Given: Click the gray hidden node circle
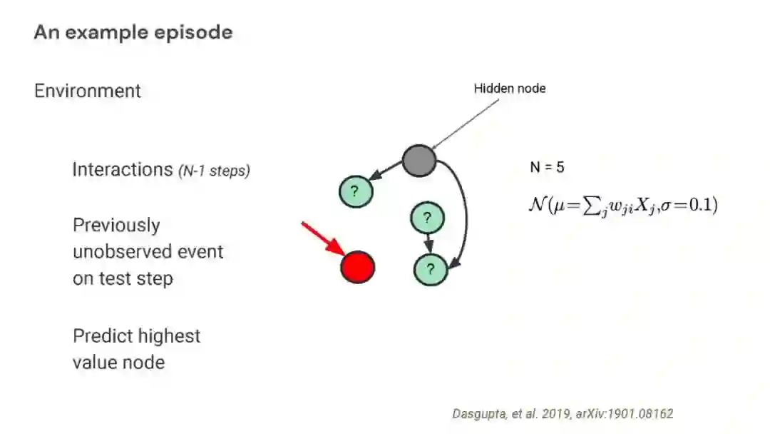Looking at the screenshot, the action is (419, 160).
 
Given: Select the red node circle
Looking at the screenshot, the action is (357, 267).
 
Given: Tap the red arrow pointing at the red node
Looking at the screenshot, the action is (322, 238).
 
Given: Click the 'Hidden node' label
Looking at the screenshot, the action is (510, 89).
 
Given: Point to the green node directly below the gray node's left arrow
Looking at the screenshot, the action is (355, 191).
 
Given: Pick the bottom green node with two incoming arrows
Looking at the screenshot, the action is (430, 269).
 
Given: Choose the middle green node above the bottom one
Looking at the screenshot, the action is (427, 218).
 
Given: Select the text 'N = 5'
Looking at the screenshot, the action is (547, 168).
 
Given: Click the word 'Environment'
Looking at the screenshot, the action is (88, 91).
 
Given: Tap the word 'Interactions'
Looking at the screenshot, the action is (122, 170).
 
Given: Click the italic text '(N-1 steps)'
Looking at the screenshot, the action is (214, 171).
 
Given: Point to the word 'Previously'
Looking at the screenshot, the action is (116, 226).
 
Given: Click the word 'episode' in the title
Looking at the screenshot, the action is (197, 33).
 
